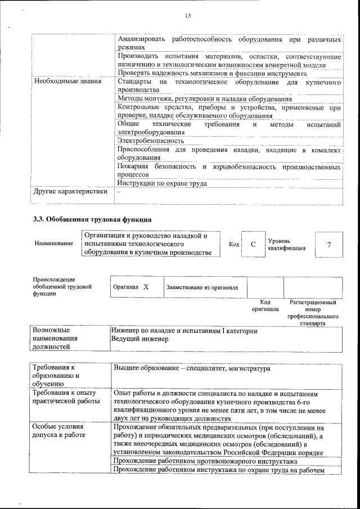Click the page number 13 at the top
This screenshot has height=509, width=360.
tap(188, 16)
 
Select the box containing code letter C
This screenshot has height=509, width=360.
tap(253, 244)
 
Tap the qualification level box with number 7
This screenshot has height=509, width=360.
tap(328, 244)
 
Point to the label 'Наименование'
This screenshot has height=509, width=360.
tap(53, 244)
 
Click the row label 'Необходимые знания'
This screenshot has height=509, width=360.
tap(67, 82)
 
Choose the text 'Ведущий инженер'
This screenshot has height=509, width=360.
tap(139, 340)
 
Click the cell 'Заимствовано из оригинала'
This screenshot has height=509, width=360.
tap(202, 287)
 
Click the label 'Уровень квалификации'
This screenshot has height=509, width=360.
tap(287, 244)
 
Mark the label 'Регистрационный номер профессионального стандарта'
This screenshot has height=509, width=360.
tap(313, 313)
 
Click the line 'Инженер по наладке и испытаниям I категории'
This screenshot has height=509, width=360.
tap(184, 331)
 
